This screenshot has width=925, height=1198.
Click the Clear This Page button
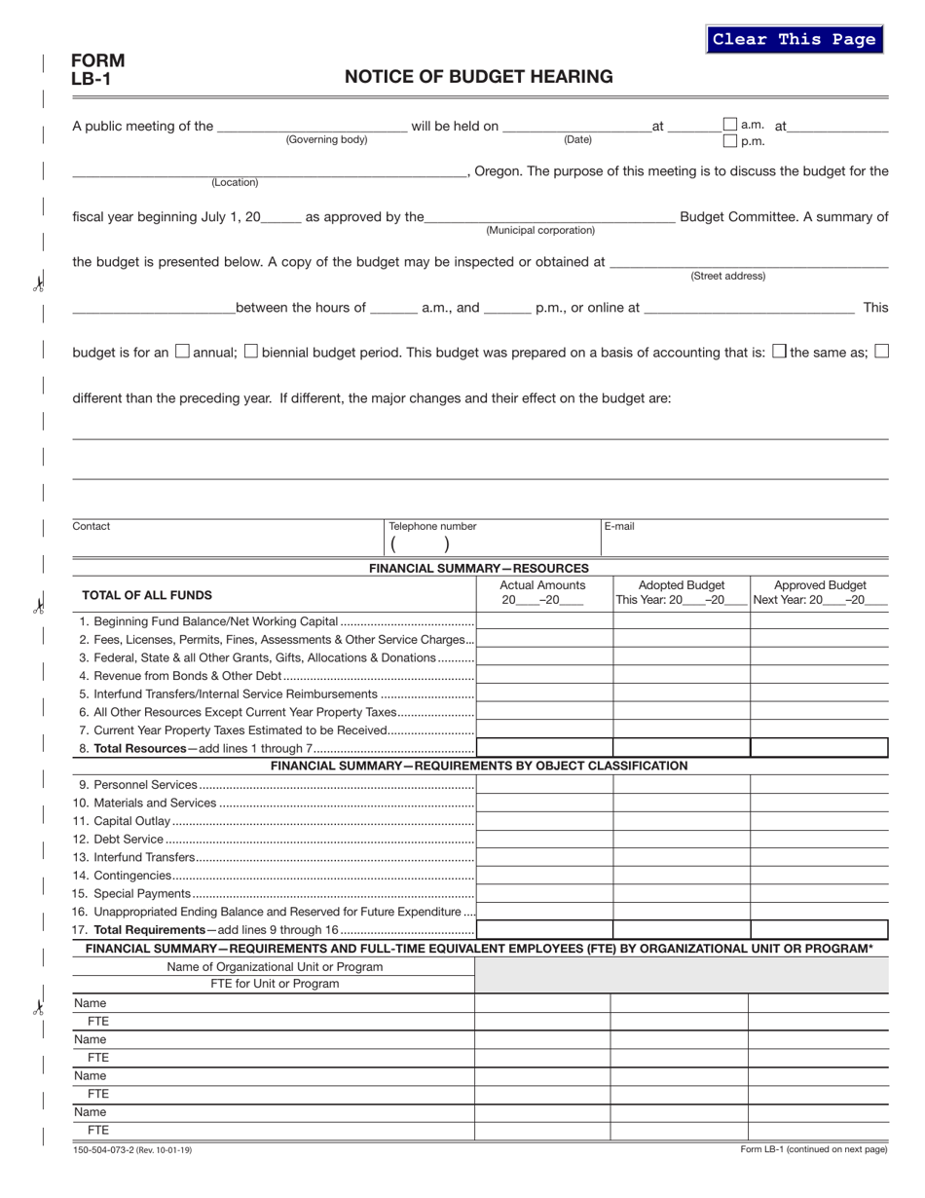pos(794,39)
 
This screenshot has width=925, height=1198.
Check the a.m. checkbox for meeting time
pos(730,124)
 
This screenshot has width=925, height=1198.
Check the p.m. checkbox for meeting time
pos(730,141)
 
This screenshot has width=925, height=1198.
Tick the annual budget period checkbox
pos(182,352)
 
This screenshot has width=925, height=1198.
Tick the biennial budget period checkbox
pos(251,352)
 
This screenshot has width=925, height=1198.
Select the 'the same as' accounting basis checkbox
pos(779,352)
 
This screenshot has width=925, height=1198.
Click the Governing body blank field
pos(312,126)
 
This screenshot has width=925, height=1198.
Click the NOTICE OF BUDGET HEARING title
pos(478,77)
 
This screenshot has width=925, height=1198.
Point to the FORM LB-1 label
pos(97,69)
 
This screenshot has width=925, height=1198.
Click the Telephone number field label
pos(432,526)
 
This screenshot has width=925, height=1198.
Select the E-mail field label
pos(619,526)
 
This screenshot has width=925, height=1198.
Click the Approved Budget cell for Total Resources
pos(819,748)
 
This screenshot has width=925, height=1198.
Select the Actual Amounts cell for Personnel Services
pos(542,784)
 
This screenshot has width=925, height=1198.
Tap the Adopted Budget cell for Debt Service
pos(681,839)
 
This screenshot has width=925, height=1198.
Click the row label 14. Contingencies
pos(123,876)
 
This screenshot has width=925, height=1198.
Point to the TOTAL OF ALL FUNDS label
pos(146,594)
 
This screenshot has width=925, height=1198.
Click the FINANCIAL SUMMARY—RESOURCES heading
pos(478,568)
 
